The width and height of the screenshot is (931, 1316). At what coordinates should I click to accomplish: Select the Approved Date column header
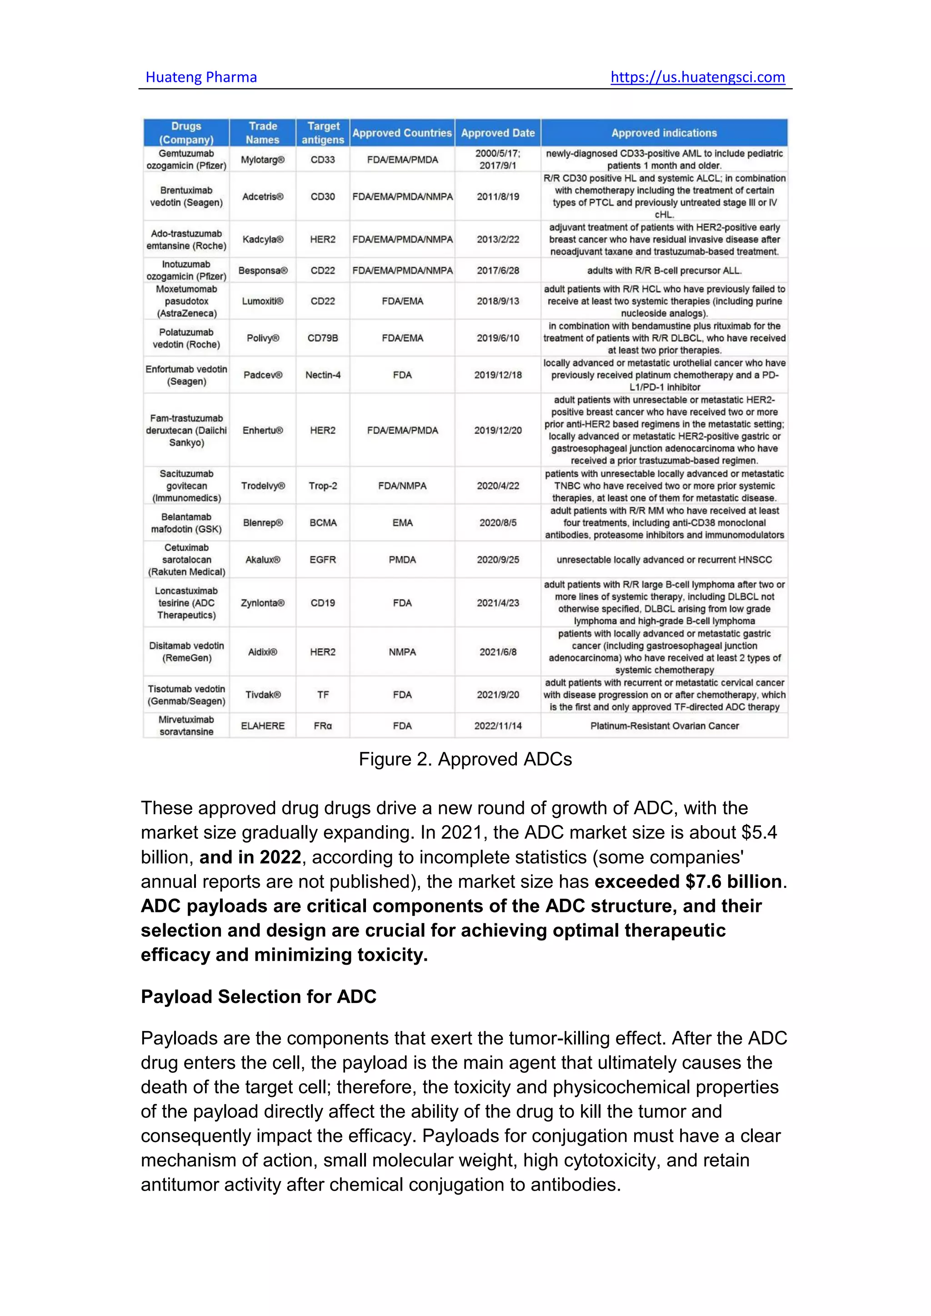tap(498, 133)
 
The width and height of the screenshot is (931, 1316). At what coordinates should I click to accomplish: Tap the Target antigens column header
tap(323, 133)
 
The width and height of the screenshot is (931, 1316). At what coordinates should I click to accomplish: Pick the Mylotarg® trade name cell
tap(263, 160)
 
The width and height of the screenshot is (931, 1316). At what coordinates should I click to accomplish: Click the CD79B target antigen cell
tap(323, 338)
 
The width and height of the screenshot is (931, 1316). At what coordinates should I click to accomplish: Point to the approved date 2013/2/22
tap(498, 239)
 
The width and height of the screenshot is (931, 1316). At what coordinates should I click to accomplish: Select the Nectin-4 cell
tap(323, 375)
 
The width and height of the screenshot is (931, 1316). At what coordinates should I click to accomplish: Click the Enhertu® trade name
tap(263, 430)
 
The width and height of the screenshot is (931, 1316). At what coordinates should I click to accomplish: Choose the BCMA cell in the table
tap(323, 523)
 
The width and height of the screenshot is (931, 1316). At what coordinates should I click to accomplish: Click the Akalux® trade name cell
tap(263, 560)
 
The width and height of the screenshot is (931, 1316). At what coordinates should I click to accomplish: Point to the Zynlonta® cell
tap(263, 603)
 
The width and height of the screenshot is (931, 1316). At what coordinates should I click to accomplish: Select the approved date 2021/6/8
tap(498, 652)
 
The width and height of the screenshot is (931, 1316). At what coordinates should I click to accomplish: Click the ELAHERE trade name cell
tap(263, 726)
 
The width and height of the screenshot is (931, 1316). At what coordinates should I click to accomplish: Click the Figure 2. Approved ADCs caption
tap(465, 759)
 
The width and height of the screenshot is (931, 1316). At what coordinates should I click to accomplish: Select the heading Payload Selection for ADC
tap(259, 997)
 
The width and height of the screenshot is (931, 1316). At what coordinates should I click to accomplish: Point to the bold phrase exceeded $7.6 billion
tap(688, 882)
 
